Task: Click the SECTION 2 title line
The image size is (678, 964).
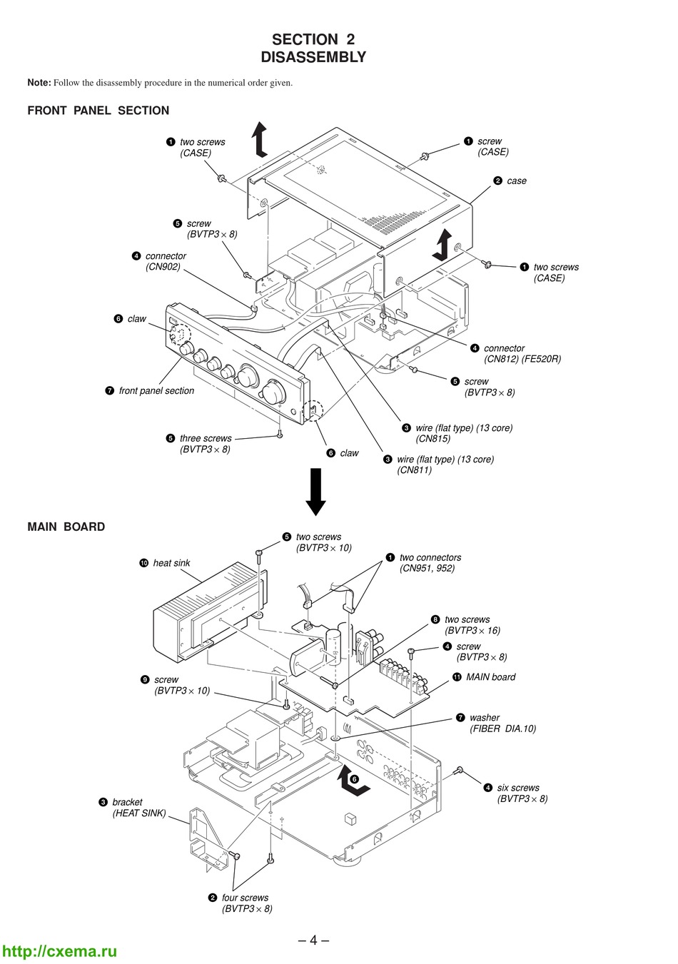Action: pos(313,39)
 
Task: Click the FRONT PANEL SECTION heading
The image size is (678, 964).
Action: pos(98,111)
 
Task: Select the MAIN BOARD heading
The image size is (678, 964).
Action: pos(66,527)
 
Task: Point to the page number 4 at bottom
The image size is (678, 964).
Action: pos(313,940)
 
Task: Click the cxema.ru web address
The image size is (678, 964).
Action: pos(60,951)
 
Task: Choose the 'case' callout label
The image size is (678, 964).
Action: pos(516,181)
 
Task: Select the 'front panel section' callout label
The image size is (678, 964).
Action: pos(156,391)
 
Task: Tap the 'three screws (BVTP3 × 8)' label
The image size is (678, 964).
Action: pos(206,444)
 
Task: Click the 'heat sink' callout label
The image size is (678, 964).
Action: pos(171,563)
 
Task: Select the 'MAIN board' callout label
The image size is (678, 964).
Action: pos(490,677)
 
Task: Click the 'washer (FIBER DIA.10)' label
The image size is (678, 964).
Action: pos(502,723)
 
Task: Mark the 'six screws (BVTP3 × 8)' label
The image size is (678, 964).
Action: pos(522,793)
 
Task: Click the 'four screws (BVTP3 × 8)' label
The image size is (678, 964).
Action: pos(246,903)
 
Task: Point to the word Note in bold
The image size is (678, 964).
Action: pos(39,83)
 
